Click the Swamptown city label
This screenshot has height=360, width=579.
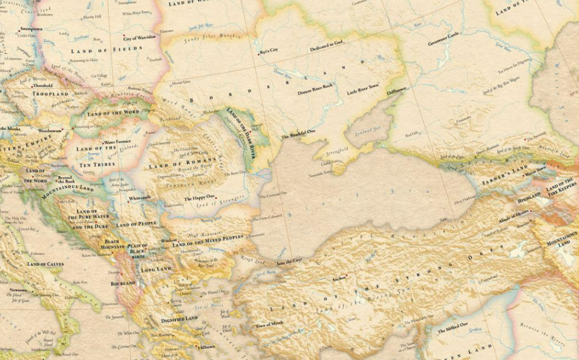(x=31, y=29)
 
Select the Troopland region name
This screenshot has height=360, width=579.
(x=51, y=94)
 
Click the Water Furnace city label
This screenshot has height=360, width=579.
(x=117, y=142)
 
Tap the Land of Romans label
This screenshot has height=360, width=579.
(x=183, y=162)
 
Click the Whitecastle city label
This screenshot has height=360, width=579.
(x=139, y=198)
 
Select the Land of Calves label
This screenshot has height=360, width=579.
(x=45, y=264)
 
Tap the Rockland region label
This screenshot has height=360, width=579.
(x=123, y=283)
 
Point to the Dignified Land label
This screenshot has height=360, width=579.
(x=179, y=319)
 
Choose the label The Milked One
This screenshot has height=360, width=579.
(x=453, y=331)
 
